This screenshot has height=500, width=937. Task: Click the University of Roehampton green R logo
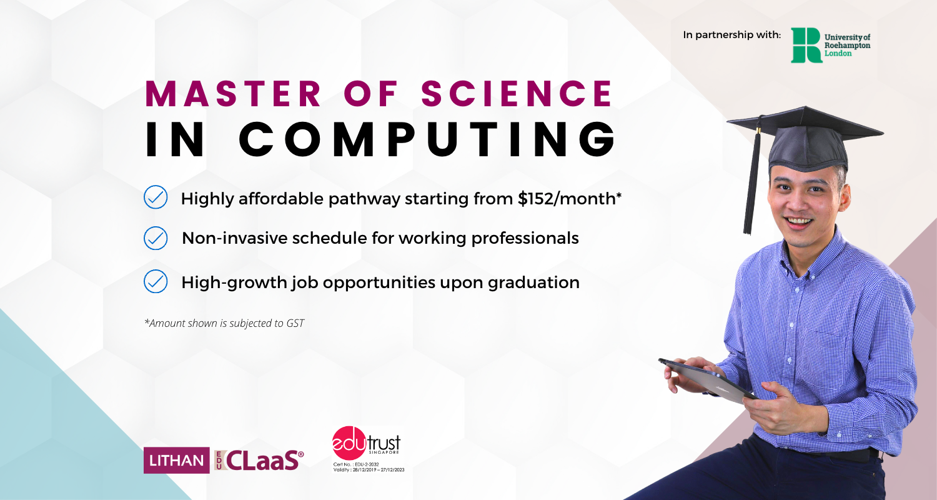click(806, 45)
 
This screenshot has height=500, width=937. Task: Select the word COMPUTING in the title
click(427, 139)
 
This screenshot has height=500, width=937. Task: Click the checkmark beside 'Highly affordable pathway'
click(156, 197)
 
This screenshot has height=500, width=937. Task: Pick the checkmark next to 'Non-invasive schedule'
click(156, 238)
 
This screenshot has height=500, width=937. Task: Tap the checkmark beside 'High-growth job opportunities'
click(156, 281)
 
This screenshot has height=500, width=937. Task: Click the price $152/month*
click(570, 199)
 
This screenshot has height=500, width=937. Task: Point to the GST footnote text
click(224, 323)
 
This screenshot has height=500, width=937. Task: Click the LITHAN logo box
click(177, 460)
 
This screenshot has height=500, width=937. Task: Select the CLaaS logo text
click(262, 460)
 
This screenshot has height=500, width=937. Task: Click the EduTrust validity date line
click(369, 470)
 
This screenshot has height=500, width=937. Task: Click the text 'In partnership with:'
click(732, 35)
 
